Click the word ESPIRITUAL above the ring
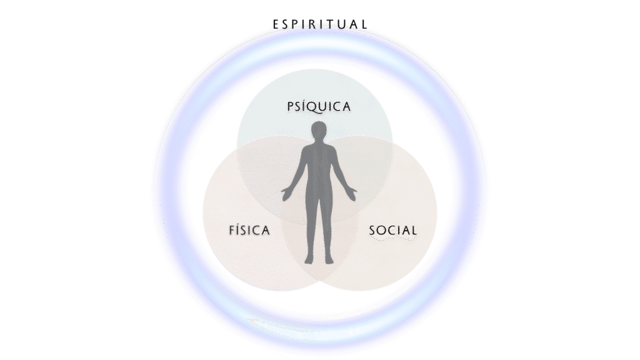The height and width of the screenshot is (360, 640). coord(320,24)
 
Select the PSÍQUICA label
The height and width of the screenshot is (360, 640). coord(319,106)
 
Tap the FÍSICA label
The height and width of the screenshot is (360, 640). coord(249,231)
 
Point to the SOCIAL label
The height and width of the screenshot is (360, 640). coord(392,231)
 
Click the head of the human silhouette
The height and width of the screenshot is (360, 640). coord(319,132)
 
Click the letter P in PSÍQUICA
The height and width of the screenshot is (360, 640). coord(291,107)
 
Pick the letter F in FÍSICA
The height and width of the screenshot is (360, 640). coord(232,231)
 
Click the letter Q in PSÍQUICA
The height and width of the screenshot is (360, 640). coord(316,107)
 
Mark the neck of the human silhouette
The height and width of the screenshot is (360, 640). coord(319,144)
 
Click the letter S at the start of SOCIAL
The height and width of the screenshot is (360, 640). coord(372,231)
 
